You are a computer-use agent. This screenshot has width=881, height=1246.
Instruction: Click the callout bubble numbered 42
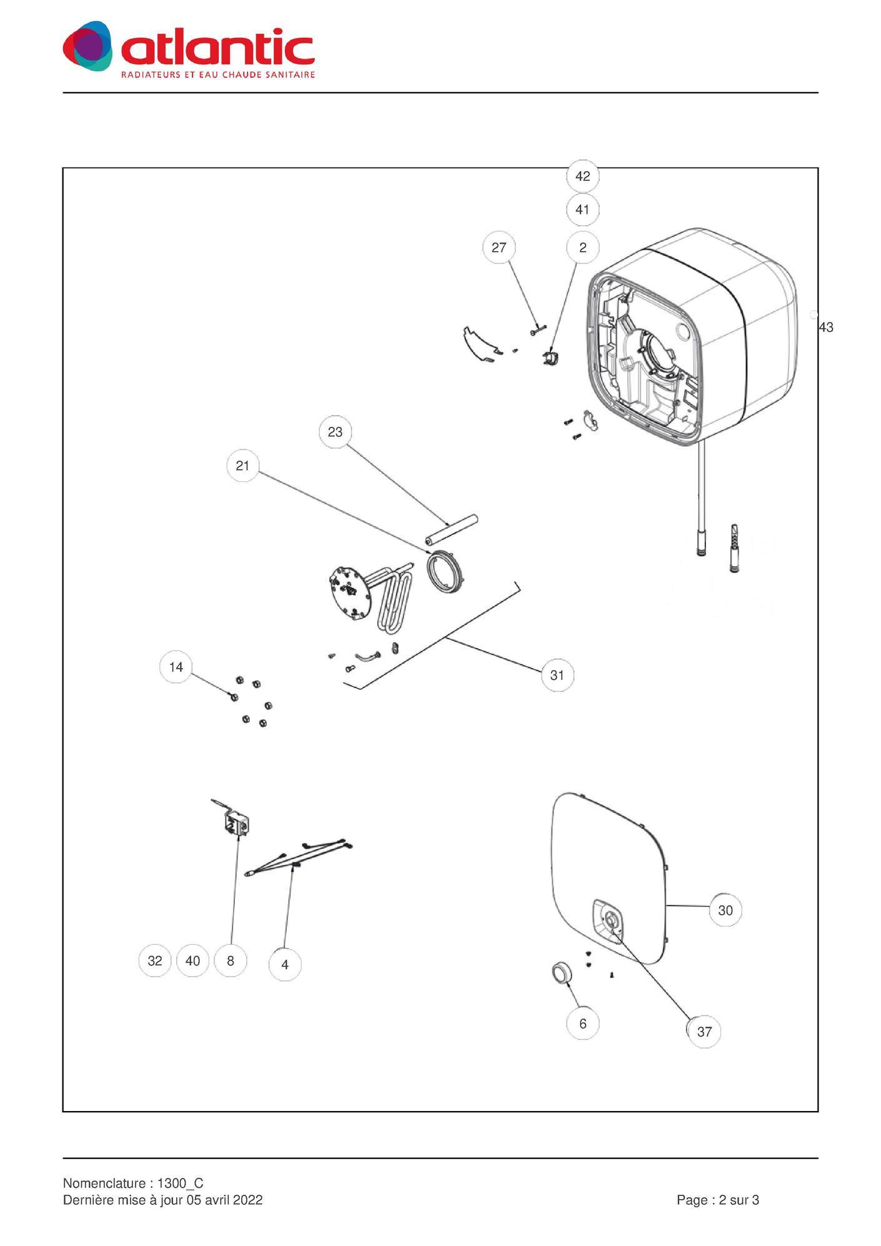[x=582, y=176]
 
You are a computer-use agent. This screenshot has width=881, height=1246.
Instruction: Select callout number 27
[x=499, y=247]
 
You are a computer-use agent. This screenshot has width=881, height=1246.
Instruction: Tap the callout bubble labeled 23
[x=335, y=432]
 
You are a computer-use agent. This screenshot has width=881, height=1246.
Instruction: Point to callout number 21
[x=242, y=466]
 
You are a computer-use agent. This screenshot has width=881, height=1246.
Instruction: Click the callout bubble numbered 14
[x=176, y=667]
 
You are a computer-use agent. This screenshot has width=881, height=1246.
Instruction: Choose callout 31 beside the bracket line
[x=557, y=675]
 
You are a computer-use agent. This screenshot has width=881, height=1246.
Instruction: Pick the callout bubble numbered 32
[x=155, y=960]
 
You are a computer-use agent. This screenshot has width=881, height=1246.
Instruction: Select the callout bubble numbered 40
[x=192, y=960]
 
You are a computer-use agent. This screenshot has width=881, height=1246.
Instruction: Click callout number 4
[x=285, y=965]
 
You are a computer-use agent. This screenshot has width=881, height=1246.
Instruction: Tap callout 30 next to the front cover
[x=725, y=910]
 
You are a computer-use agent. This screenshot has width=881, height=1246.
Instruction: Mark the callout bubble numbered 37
[x=704, y=1032]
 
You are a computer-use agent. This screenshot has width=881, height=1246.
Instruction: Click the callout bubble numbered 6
[x=582, y=1024]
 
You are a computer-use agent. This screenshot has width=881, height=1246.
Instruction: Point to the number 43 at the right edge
[x=825, y=327]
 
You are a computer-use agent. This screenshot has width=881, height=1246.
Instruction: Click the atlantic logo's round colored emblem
[x=88, y=46]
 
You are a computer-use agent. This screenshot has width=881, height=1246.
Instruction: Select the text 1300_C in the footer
[x=180, y=1184]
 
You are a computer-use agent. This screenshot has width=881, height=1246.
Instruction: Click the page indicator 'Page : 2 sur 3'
[x=717, y=1200]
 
